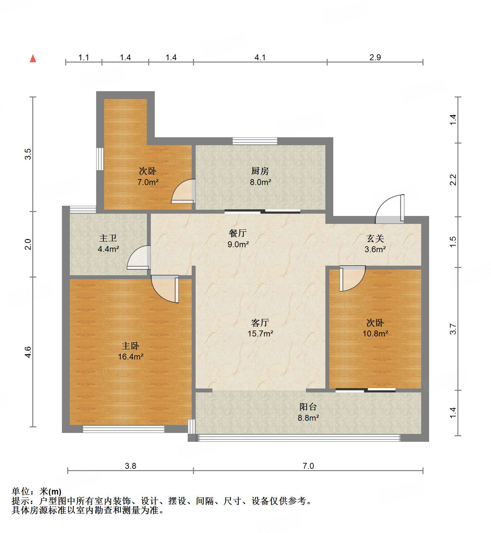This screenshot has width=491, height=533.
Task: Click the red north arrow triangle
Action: coord(33,59)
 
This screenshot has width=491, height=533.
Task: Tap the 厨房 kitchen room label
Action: coord(260,176)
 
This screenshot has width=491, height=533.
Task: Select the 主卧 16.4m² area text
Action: coord(130,351)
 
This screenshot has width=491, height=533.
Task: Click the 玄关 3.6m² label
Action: coord(375,244)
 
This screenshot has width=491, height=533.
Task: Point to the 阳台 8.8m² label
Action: coord(308,412)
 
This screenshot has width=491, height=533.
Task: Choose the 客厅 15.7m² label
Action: coord(260,328)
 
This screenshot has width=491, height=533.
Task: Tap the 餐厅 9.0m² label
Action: coord(238,239)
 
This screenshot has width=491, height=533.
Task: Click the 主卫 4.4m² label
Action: coord(108,243)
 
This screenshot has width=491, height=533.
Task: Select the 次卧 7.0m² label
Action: coord(148,176)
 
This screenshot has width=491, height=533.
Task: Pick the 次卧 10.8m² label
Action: coord(375,328)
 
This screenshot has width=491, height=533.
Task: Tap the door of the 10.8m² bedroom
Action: coord(351,279)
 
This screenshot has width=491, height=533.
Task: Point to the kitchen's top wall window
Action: coord(255,141)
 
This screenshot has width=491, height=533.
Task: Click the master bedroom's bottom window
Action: coord(123,429)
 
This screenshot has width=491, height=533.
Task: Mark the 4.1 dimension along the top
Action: coord(260,58)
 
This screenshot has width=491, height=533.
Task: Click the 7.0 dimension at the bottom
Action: coord(308,466)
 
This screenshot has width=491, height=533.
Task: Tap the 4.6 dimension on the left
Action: coord(28,352)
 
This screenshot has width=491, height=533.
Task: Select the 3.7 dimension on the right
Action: coord(453,329)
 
